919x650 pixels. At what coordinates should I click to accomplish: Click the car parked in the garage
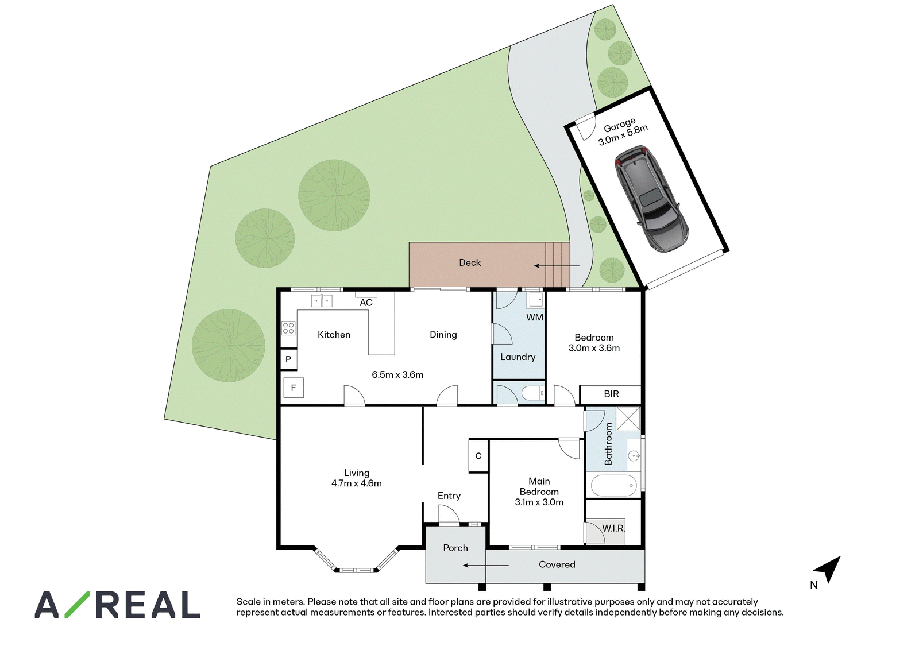tap(651, 199)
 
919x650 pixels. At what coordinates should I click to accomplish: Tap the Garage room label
tap(620, 125)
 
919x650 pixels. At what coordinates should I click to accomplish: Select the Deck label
tap(470, 262)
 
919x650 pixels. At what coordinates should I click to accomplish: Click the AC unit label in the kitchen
tap(366, 303)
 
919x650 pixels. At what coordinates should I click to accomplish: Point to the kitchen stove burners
tap(288, 328)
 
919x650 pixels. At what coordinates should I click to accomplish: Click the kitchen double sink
tap(322, 301)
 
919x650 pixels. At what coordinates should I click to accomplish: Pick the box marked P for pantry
tap(288, 359)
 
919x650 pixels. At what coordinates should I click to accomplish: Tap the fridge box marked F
tap(294, 388)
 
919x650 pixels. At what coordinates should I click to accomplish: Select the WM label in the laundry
tap(535, 317)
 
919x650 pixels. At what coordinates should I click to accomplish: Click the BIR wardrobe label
tap(611, 394)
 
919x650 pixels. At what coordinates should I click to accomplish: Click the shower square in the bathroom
tap(628, 418)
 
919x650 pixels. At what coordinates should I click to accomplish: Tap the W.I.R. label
tap(613, 529)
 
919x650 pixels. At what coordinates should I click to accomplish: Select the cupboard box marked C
tap(478, 456)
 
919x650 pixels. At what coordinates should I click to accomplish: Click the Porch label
tap(455, 548)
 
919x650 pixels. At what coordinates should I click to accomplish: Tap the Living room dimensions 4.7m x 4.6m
tap(357, 483)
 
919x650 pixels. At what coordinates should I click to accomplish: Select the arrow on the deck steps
tap(557, 266)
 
